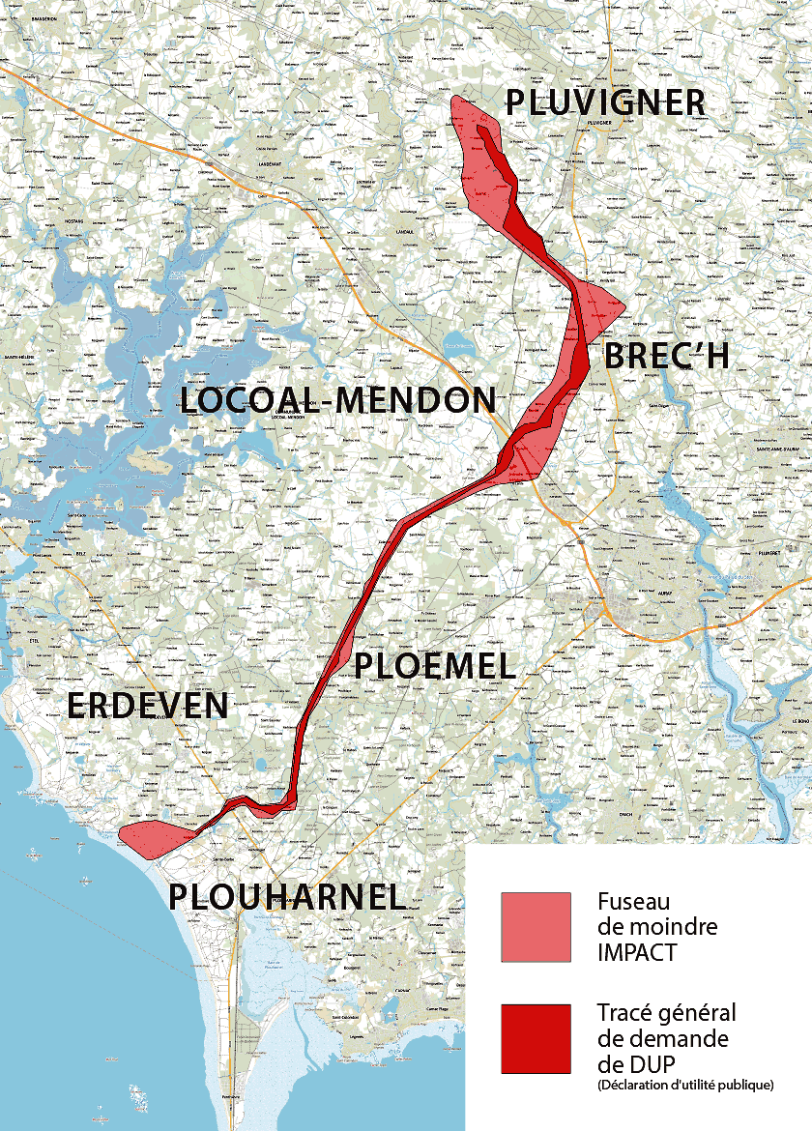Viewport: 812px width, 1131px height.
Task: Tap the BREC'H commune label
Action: coord(666,356)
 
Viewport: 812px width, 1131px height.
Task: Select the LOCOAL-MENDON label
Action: coord(338,400)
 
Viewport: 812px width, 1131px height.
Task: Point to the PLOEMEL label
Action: coord(435,665)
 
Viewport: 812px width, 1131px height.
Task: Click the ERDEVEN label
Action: coord(147,706)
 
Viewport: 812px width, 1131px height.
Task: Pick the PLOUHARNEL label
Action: coord(286,896)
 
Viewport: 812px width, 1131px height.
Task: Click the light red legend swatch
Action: coord(536,927)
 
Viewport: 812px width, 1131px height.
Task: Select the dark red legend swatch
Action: coord(536,1038)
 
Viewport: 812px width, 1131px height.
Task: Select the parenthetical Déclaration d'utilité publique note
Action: coord(685,1086)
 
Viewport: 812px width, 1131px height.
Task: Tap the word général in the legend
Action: coord(696,1013)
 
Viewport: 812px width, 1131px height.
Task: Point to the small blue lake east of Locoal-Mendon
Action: coord(451,345)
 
